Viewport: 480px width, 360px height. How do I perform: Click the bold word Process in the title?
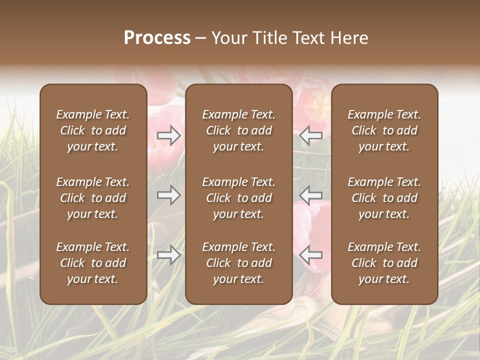pyautogui.click(x=157, y=38)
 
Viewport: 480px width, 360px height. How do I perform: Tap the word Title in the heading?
pyautogui.click(x=270, y=38)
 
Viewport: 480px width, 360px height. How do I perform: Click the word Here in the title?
pyautogui.click(x=349, y=38)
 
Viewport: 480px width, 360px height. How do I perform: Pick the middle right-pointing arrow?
pyautogui.click(x=169, y=195)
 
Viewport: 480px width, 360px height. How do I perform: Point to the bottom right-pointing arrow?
pyautogui.click(x=169, y=255)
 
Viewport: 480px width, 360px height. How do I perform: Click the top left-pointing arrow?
pyautogui.click(x=311, y=135)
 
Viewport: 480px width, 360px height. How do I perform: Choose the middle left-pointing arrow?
pyautogui.click(x=311, y=195)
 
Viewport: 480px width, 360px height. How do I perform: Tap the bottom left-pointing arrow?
pyautogui.click(x=311, y=255)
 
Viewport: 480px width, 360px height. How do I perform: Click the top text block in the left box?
pyautogui.click(x=93, y=130)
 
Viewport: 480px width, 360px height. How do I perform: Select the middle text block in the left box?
pyautogui.click(x=93, y=198)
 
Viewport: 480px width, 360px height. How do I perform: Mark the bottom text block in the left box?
pyautogui.click(x=93, y=263)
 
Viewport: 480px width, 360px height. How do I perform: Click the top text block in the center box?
pyautogui.click(x=239, y=130)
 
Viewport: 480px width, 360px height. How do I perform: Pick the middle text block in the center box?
pyautogui.click(x=239, y=198)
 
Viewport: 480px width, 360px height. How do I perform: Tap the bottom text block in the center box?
pyautogui.click(x=239, y=263)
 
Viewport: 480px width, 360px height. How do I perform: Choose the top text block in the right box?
pyautogui.click(x=384, y=130)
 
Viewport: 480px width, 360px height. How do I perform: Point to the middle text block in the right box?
pyautogui.click(x=384, y=198)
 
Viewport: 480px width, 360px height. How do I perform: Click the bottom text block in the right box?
pyautogui.click(x=384, y=263)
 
